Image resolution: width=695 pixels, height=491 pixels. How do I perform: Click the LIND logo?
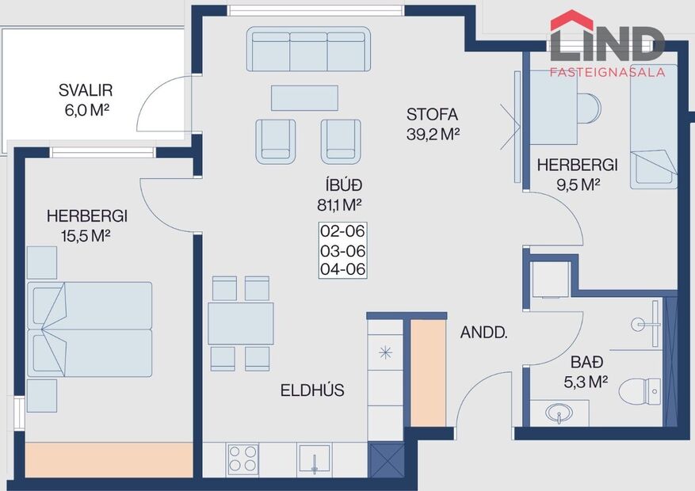click(607, 44)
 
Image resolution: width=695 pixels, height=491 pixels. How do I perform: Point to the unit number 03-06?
click(343, 250)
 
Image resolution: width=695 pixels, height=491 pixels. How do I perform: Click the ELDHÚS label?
click(312, 390)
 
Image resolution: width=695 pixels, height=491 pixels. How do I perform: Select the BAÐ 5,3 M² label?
click(589, 372)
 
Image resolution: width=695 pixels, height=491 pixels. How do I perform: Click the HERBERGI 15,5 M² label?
click(86, 225)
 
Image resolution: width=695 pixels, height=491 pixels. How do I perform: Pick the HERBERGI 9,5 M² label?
click(577, 174)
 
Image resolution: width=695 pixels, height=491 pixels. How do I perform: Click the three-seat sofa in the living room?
click(308, 49)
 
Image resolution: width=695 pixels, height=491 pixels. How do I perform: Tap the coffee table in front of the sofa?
click(304, 98)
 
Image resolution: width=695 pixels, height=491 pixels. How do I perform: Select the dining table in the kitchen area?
click(241, 323)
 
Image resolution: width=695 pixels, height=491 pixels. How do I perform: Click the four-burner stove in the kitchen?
click(242, 459)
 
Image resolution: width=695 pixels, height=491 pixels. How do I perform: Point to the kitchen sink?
click(315, 459)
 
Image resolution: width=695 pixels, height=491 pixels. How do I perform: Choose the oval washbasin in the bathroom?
click(562, 413)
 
